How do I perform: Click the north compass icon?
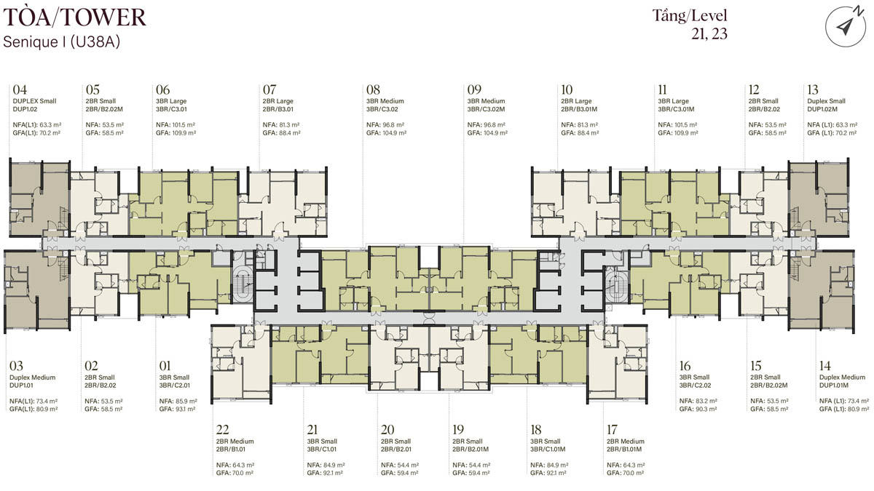coord(846,26)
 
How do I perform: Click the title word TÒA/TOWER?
coord(74,17)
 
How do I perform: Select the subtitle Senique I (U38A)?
coord(61,41)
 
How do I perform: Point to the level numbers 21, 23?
coord(709,34)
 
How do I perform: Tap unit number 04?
coord(20,90)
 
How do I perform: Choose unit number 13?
coord(813,90)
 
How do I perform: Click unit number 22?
coord(222,429)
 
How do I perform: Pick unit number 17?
coord(613,429)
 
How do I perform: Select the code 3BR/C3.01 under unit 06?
coord(171,109)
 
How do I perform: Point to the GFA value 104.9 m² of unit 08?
coord(394,133)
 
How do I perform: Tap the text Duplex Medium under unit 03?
coord(32,378)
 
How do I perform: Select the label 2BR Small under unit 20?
coord(395,441)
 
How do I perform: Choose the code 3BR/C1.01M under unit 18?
coord(548,450)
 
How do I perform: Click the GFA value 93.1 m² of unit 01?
coord(185,409)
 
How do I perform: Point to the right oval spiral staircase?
coord(617,287)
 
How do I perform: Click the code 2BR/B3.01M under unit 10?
coord(579,109)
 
